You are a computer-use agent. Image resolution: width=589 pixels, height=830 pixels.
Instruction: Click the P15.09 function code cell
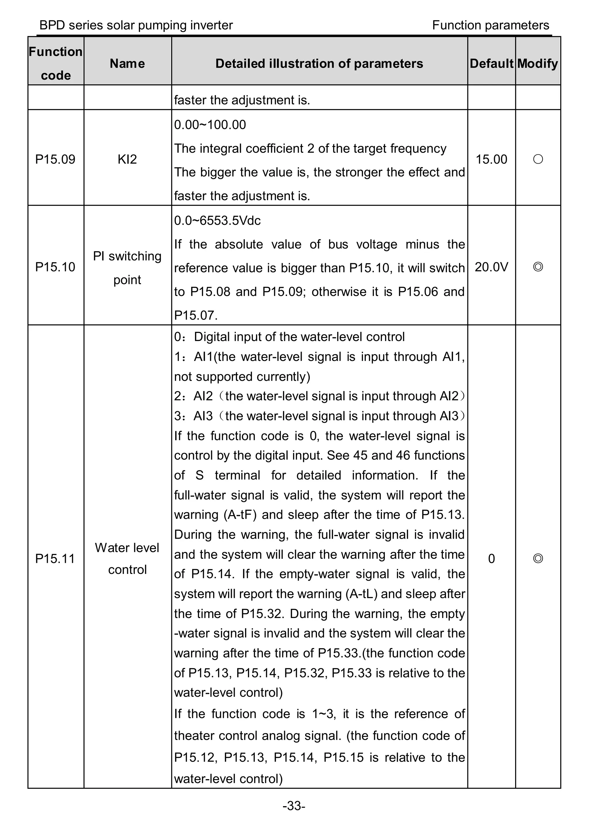55,159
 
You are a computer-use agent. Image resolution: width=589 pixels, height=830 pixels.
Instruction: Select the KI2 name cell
127,159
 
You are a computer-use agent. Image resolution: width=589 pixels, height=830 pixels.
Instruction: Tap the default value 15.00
491,159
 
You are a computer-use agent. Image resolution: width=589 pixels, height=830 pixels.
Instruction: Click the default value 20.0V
491,267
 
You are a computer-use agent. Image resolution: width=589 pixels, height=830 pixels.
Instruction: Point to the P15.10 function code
55,267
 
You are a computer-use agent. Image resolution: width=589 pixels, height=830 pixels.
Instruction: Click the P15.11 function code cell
55,559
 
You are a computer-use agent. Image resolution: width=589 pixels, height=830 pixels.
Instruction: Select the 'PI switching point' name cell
127,267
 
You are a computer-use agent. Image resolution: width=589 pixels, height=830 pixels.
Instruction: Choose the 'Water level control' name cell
127,559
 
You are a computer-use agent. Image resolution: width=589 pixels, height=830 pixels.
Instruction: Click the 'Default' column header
491,64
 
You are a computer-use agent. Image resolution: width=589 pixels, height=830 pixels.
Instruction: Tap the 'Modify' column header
538,64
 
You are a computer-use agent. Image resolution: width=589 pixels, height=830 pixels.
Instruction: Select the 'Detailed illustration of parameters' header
319,64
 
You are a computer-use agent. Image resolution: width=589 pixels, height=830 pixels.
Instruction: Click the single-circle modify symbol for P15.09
538,159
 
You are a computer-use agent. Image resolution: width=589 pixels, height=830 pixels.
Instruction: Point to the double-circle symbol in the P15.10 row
538,267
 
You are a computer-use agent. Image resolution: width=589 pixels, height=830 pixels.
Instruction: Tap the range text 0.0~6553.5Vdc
217,221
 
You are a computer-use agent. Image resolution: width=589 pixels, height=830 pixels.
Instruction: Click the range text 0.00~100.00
210,125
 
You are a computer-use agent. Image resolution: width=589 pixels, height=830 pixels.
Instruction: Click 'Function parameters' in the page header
490,25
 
